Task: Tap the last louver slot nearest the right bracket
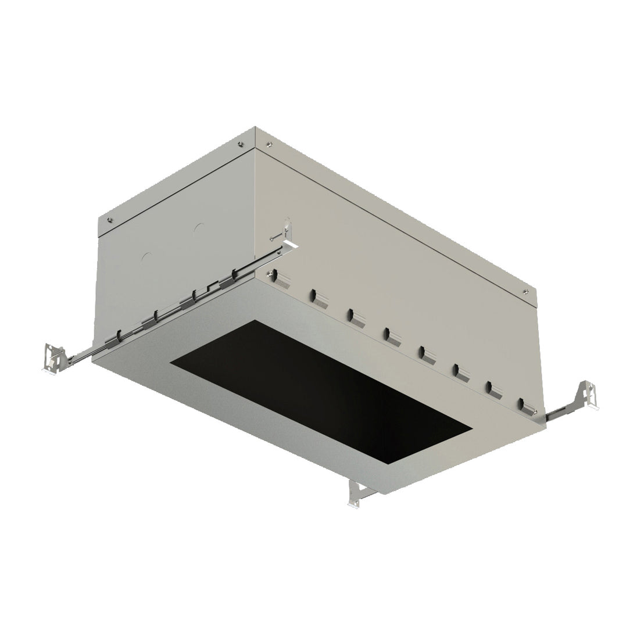[526, 405]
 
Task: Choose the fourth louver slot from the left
[389, 334]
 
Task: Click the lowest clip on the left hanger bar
[119, 336]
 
